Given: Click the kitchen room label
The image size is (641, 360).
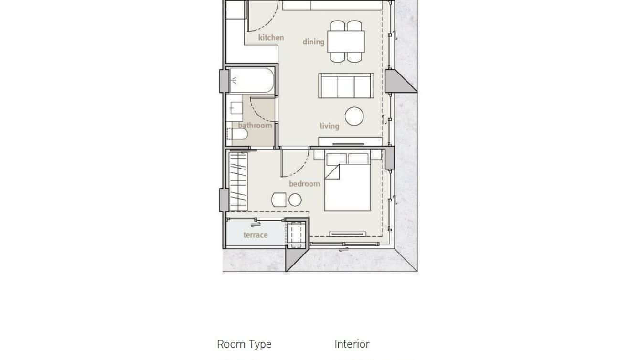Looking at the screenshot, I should [271, 38].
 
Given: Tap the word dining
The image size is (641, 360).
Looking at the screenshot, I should [313, 42].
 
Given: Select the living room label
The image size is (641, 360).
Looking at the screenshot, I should [330, 126].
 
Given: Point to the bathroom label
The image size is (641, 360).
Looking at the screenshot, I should [255, 126].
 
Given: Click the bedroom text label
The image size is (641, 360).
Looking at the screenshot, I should [304, 184].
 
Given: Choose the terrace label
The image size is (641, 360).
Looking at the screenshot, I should [256, 235].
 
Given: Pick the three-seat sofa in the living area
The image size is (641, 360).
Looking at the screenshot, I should [346, 85].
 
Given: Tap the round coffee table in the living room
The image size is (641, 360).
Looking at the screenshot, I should [354, 116].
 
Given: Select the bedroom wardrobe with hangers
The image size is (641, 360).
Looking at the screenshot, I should [238, 181].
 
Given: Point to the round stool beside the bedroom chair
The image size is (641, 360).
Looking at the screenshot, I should [295, 200].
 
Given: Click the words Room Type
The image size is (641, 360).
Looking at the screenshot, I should [244, 344].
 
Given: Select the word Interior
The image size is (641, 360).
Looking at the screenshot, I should [352, 344].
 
